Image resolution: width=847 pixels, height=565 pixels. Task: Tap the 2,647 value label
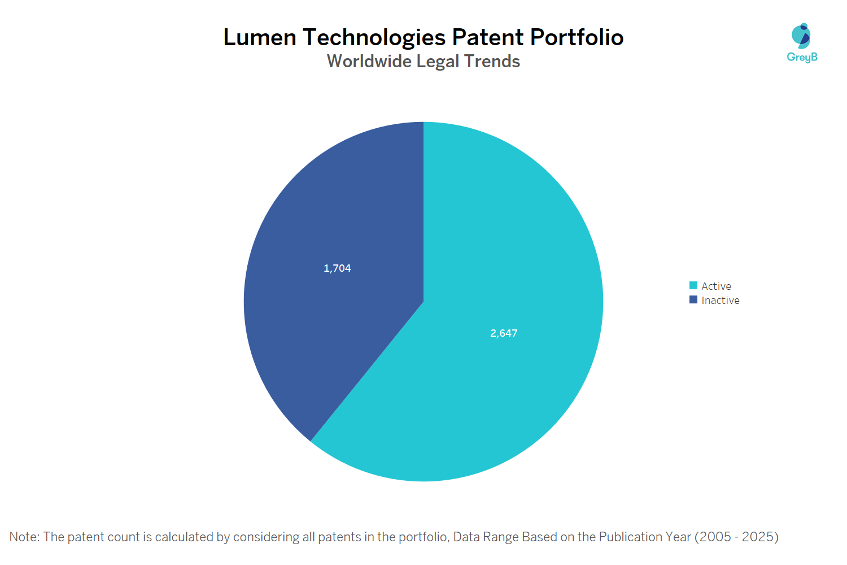point(504,333)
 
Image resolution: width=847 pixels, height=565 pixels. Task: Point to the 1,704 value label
point(337,268)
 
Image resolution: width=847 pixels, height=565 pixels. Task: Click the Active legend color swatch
point(693,285)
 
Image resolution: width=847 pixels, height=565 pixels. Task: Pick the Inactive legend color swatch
point(693,299)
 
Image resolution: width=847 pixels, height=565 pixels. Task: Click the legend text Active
point(716,286)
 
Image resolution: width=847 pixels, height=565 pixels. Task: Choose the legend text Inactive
point(721,301)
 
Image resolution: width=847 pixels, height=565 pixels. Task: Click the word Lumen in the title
point(260,37)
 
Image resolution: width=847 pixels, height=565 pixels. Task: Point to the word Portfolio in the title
point(577,37)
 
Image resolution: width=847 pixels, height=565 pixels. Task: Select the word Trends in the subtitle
point(492,61)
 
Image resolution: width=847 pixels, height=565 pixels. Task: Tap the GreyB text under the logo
point(802,57)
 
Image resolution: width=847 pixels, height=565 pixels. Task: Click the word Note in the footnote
point(23,537)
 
